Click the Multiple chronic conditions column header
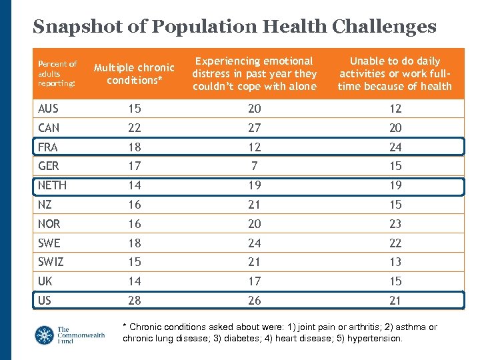[x=134, y=73]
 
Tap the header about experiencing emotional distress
[x=254, y=73]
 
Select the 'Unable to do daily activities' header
[x=395, y=73]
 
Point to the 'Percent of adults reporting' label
[x=57, y=73]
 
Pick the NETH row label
[x=52, y=185]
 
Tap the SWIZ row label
[x=51, y=262]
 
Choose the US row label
[x=45, y=301]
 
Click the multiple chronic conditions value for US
[x=134, y=301]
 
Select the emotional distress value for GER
[x=254, y=166]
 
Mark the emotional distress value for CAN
[x=254, y=128]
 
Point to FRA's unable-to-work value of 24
[x=395, y=147]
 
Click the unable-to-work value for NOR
[x=395, y=224]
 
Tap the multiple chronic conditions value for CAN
[x=134, y=128]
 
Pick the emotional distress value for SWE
[x=254, y=243]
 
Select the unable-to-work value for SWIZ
[x=395, y=262]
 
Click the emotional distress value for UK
[x=254, y=281]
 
